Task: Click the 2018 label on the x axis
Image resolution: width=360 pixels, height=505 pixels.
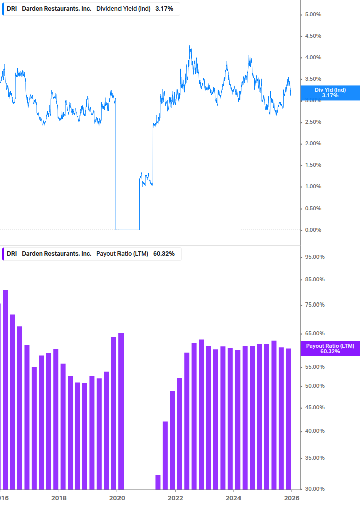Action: point(59,498)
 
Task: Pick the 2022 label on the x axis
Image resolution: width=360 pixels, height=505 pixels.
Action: point(175,498)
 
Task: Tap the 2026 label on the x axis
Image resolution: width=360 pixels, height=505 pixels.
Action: point(292,498)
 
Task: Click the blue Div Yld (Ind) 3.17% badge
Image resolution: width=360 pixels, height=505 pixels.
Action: point(330,92)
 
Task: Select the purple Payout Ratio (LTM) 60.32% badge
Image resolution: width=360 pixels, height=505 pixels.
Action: point(330,348)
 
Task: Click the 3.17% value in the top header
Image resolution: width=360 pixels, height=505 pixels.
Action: point(164,9)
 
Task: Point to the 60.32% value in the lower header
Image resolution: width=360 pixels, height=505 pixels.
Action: point(164,254)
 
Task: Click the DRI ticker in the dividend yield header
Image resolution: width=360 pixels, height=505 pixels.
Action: point(12,9)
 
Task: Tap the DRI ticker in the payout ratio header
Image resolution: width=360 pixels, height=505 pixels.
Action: point(12,254)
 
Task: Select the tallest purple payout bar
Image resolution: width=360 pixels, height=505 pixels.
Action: point(5,389)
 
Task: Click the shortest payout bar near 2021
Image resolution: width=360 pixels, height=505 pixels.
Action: point(158,482)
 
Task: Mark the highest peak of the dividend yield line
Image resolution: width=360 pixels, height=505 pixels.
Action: point(190,46)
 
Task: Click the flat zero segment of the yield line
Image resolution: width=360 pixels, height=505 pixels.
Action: point(128,230)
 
